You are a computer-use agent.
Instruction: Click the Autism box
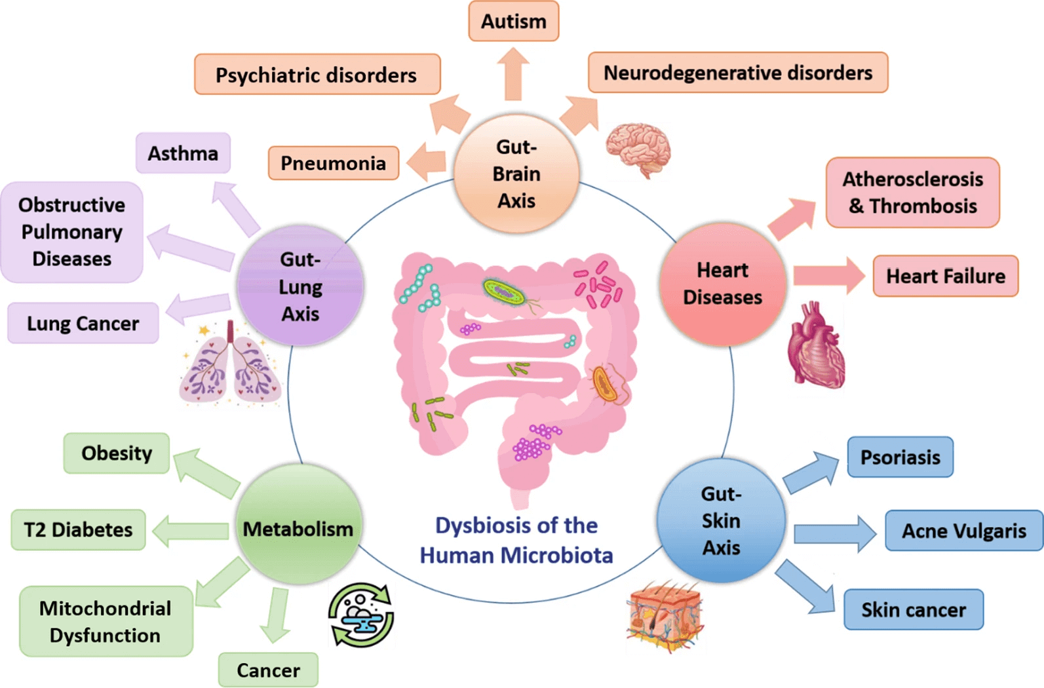[x=513, y=22]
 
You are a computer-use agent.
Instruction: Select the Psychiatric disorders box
[x=317, y=75]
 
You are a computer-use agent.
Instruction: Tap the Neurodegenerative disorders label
[x=738, y=73]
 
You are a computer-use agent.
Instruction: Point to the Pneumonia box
[x=334, y=163]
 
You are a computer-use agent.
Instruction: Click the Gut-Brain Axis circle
[x=516, y=174]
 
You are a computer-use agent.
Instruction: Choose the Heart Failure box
[x=945, y=277]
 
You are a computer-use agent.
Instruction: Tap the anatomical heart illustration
[x=815, y=346]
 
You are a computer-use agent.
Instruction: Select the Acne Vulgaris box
[x=963, y=531]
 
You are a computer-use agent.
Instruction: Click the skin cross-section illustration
[x=665, y=616]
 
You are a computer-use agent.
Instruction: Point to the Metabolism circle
[x=298, y=528]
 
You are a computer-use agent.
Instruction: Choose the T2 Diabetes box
[x=78, y=529]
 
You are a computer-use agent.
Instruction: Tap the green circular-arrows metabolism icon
[x=361, y=615]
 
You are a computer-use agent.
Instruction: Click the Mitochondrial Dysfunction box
[x=106, y=622]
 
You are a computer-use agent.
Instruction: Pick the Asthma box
[x=183, y=153]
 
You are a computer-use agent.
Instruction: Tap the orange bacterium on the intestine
[x=605, y=384]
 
